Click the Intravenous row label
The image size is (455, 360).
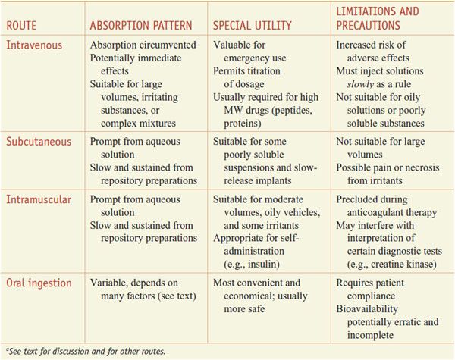[x=36, y=45]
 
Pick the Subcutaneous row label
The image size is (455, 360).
[x=40, y=141]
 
